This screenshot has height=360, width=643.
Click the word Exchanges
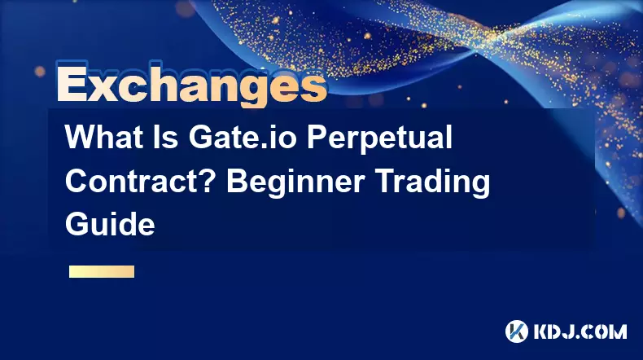[191, 86]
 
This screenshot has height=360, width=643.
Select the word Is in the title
[167, 137]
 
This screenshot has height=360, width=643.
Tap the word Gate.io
[243, 137]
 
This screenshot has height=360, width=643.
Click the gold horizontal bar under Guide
[102, 272]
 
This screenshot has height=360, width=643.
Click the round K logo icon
[517, 331]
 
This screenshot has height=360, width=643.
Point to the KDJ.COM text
[580, 331]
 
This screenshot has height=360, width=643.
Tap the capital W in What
[81, 137]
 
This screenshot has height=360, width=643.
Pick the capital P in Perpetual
[317, 137]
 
